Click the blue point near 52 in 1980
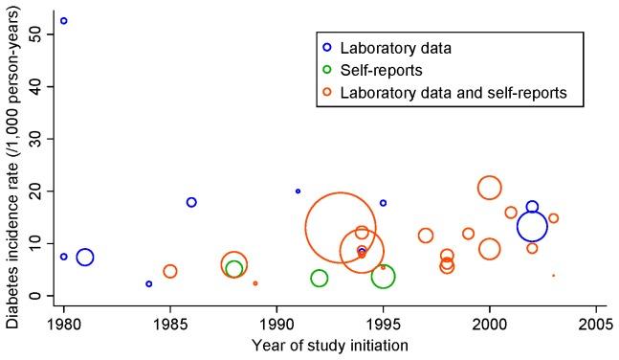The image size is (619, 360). click(64, 20)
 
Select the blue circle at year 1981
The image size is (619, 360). click(85, 257)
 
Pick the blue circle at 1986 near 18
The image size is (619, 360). click(191, 202)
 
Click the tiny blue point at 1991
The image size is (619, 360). click(298, 191)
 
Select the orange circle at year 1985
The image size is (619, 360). click(170, 271)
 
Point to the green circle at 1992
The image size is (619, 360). click(319, 278)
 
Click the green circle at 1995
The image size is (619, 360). click(383, 277)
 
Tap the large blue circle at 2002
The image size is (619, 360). click(532, 227)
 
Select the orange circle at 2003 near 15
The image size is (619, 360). click(553, 218)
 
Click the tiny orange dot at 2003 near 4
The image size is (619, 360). click(553, 275)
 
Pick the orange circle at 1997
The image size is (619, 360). click(426, 236)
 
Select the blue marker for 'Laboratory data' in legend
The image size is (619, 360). click(327, 46)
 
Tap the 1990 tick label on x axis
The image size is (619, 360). click(276, 320)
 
